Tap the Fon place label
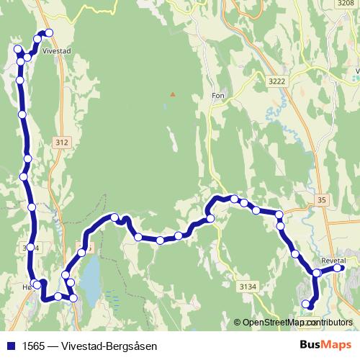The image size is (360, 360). point(219,94)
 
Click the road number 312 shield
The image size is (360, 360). point(62,143)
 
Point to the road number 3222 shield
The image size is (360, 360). point(275,82)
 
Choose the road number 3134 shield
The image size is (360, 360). point(247,287)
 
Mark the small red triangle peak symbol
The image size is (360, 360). point(172,94)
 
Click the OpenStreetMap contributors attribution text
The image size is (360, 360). point(297,322)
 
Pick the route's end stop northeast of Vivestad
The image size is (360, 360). point(50,32)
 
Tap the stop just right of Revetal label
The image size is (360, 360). point(341,269)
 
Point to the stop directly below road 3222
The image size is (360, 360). point(279,215)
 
